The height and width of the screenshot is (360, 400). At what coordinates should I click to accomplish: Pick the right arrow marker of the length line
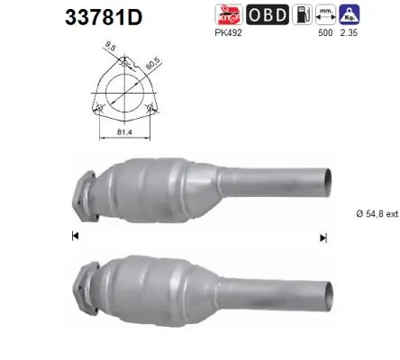322,237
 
